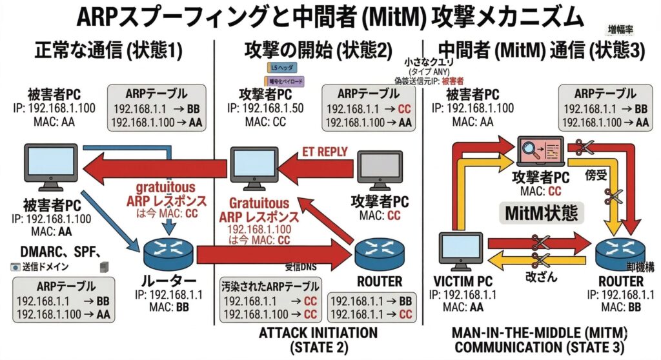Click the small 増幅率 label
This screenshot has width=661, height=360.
(620, 30)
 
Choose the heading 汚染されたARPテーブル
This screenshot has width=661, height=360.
(270, 285)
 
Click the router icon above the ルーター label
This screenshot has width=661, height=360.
(168, 250)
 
